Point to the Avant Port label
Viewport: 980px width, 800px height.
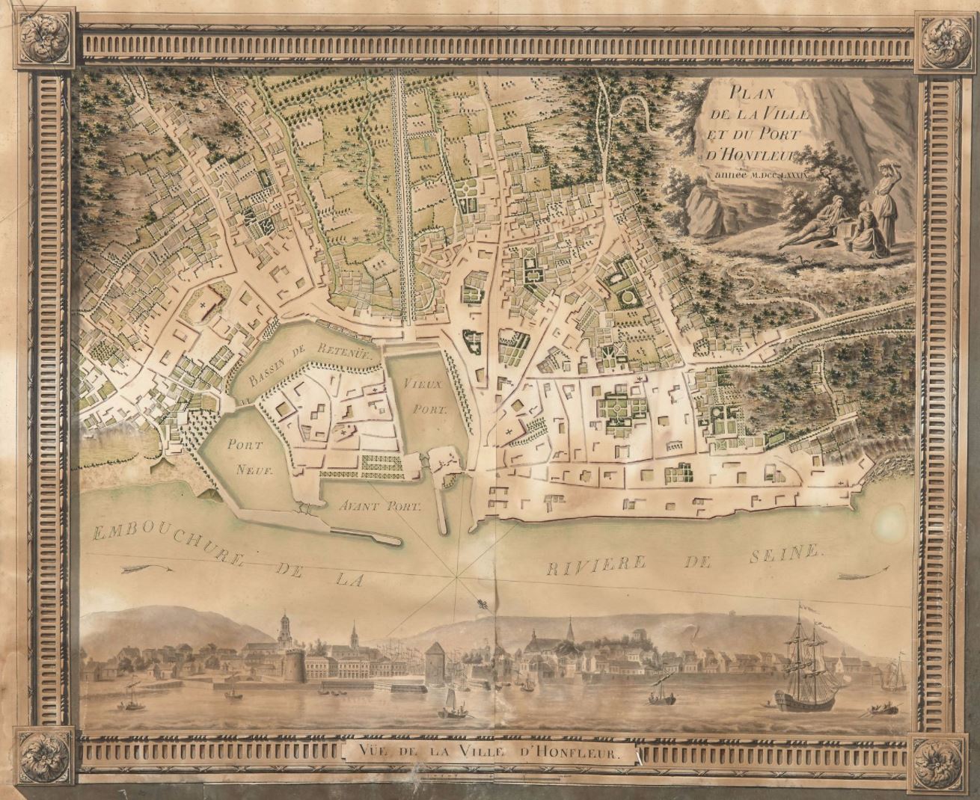(x=380, y=505)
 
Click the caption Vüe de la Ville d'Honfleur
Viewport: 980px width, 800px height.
(x=490, y=754)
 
